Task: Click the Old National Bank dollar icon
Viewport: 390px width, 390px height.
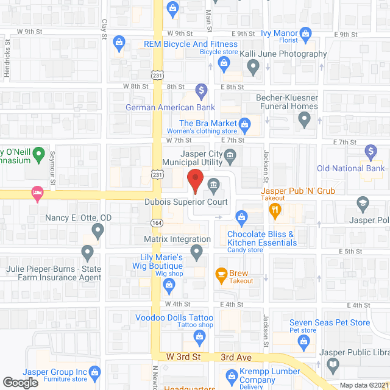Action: click(370, 151)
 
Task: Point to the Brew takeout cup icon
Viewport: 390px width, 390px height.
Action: click(221, 274)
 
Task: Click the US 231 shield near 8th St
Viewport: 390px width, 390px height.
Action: click(158, 75)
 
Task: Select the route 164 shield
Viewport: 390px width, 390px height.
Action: click(158, 222)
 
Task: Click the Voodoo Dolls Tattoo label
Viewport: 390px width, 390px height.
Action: click(174, 318)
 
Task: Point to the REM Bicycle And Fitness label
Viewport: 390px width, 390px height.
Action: click(191, 44)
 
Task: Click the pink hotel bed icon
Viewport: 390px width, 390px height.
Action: click(37, 193)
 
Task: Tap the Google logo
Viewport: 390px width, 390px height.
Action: click(19, 383)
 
